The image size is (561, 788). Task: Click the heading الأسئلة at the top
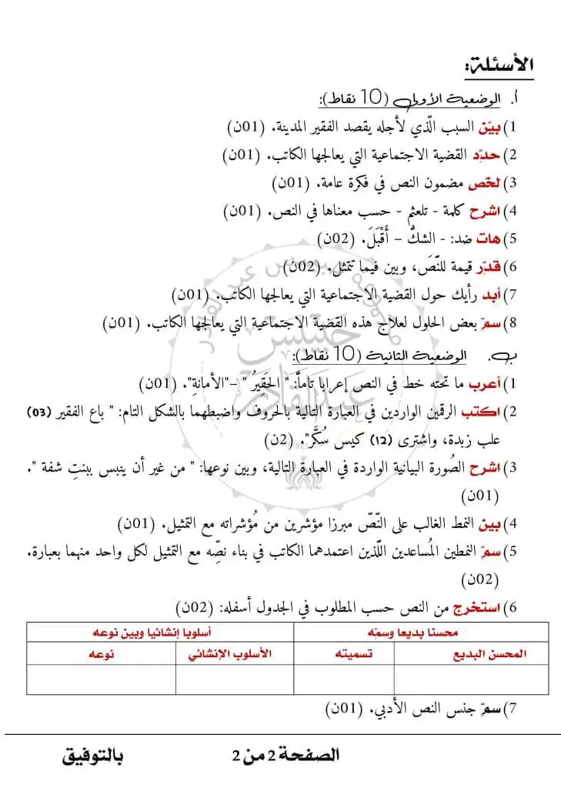(505, 65)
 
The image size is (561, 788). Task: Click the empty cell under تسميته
(344, 679)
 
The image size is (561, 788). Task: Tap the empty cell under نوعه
(101, 679)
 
